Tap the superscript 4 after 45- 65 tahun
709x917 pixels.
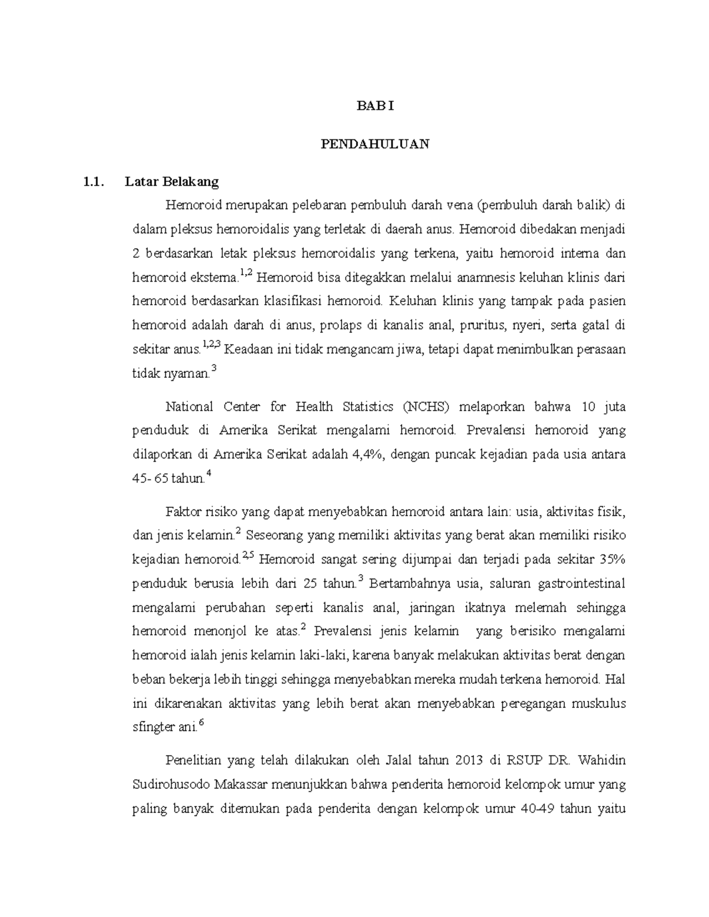(209, 474)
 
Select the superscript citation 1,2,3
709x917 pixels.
(211, 345)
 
